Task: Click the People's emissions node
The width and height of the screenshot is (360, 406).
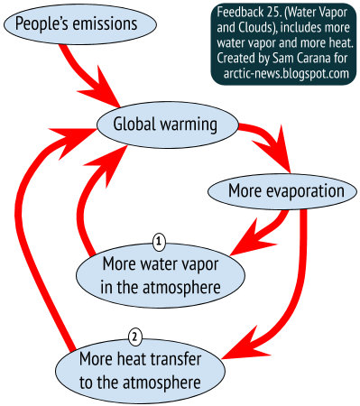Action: tap(68, 22)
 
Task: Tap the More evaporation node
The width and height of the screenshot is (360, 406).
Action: tap(288, 191)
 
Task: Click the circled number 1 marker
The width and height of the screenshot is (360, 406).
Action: tap(160, 241)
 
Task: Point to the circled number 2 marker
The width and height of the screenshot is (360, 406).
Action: tap(134, 337)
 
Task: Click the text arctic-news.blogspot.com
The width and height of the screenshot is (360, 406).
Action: tap(283, 73)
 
